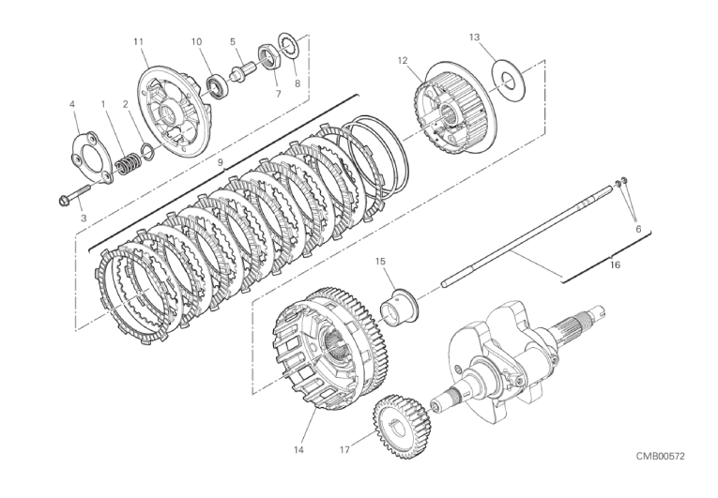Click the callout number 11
point(138,41)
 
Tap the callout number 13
point(474,38)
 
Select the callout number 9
point(220,162)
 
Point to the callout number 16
point(616,265)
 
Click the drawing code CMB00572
point(661,456)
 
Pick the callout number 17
point(344,450)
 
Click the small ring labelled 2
point(148,152)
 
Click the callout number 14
point(298,450)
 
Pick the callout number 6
point(638,229)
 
